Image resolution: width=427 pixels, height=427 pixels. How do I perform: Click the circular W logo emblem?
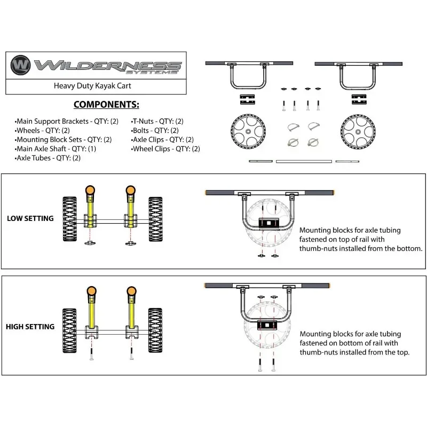point(20,65)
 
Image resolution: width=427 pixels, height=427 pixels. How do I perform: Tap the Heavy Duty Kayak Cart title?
point(92,85)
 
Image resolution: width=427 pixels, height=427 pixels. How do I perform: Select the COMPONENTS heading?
point(106,105)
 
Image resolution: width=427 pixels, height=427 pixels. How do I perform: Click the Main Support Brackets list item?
point(67,122)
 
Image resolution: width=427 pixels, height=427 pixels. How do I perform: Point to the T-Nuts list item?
point(157,122)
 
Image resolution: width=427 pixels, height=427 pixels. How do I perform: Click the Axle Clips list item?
point(163,140)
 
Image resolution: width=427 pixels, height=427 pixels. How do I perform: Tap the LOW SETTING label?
point(30,218)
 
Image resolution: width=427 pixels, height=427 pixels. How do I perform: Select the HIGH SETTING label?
point(30,327)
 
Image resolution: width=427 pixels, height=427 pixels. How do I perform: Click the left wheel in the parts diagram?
point(248,131)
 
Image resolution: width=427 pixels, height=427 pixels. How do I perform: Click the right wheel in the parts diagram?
point(358,131)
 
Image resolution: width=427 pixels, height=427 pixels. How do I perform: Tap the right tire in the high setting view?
point(155,329)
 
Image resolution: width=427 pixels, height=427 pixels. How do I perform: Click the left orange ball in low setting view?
point(90,190)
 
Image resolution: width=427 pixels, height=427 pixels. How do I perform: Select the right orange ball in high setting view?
point(131,292)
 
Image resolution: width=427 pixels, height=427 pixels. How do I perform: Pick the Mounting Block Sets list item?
point(64,140)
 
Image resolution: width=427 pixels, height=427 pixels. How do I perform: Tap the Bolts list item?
point(155,131)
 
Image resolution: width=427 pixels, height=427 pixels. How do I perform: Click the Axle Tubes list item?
point(49,158)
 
